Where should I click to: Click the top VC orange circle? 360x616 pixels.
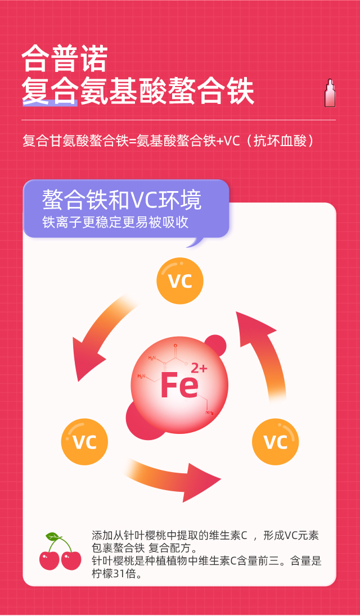tap(180, 280)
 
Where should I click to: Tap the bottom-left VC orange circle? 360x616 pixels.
tap(84, 441)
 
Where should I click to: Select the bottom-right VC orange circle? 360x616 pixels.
tap(275, 441)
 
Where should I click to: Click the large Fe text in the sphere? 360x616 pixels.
tap(179, 386)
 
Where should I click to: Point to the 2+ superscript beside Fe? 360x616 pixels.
tap(199, 369)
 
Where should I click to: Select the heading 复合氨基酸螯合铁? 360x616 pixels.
tap(138, 91)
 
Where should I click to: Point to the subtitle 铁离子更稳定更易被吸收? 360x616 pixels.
tap(115, 223)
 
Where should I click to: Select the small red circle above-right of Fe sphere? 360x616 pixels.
tap(215, 345)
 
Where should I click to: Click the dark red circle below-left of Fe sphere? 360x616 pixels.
tap(140, 419)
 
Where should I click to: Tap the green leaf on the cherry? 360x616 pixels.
tap(52, 536)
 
